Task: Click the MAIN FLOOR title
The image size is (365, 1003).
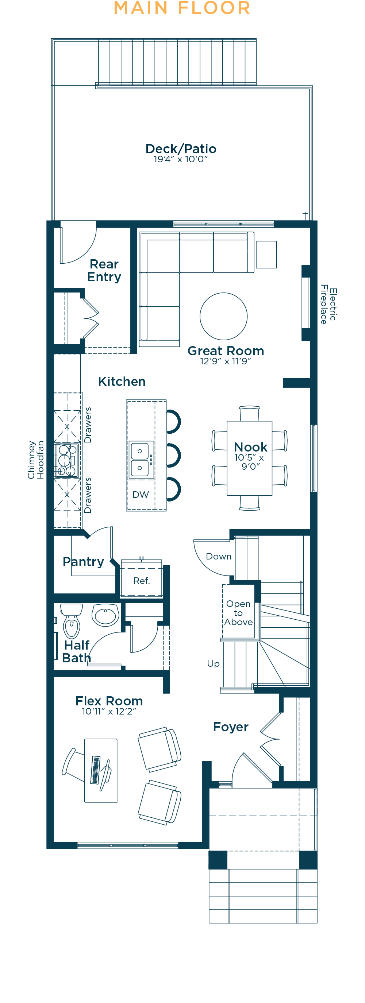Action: coord(182,8)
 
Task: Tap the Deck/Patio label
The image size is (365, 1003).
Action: coord(181,149)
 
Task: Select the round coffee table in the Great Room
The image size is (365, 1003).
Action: coord(224,316)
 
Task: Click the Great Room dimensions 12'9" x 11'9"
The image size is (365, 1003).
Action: coord(226,361)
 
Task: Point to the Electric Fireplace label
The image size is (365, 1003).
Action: coord(328,305)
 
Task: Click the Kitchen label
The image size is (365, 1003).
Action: coord(122,382)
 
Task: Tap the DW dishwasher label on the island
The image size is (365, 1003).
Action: coord(141,495)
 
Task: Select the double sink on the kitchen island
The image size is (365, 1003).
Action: coord(139,460)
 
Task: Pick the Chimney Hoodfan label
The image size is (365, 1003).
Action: coord(35,460)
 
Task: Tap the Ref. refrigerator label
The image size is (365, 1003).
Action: coord(141,581)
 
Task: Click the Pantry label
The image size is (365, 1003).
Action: coord(83,562)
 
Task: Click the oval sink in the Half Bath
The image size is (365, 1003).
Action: coord(105,615)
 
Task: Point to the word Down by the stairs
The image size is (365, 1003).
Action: coord(219,557)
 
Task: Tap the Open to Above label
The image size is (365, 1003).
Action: coord(238,613)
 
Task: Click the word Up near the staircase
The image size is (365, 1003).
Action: coord(213,664)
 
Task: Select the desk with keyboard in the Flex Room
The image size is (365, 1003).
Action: coord(101,771)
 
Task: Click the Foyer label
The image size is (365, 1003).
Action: coord(231,727)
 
